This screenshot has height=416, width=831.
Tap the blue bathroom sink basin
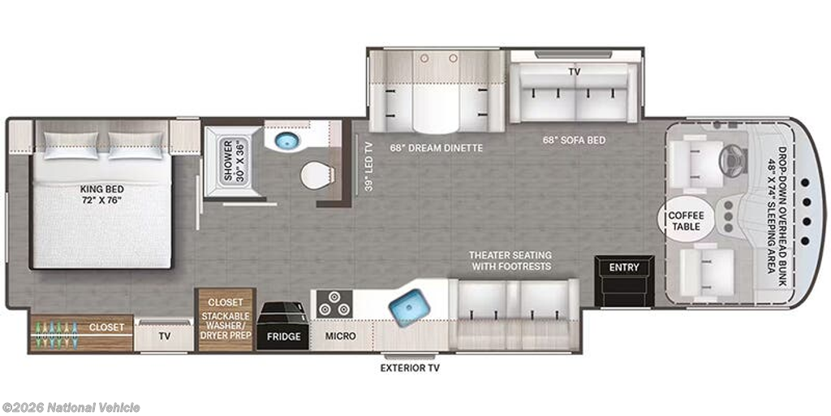[x=286, y=141]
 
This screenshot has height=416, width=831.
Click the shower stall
[x=233, y=162]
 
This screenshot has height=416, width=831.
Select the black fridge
[x=283, y=326]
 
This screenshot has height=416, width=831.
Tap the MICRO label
[x=340, y=336]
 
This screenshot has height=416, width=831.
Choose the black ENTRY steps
[x=624, y=281]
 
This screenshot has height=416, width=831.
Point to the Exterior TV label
[x=410, y=368]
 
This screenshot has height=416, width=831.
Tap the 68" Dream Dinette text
[x=437, y=148]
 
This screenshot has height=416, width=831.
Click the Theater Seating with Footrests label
[x=510, y=261]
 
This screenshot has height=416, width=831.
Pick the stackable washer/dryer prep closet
[x=226, y=319]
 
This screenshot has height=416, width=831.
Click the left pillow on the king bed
[x=71, y=145]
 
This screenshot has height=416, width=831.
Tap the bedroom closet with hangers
[x=80, y=334]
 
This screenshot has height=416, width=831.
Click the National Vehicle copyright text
[x=71, y=408]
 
